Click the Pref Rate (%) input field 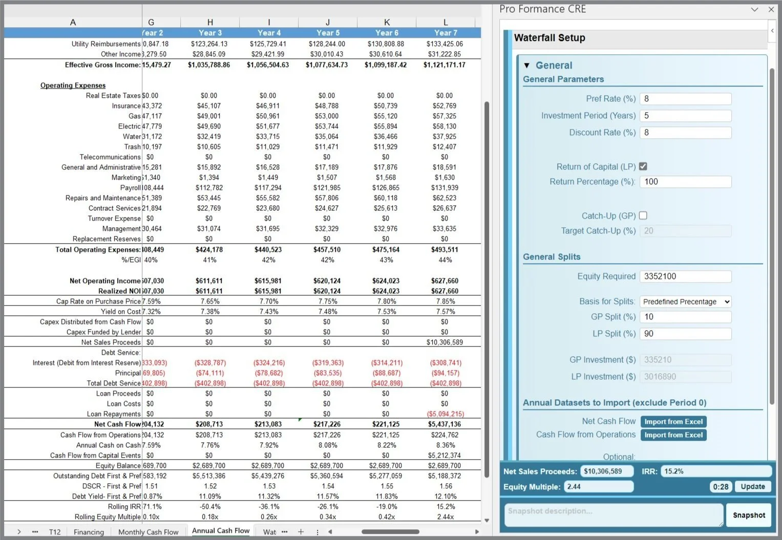tap(685, 99)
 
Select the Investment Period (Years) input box tap(685, 116)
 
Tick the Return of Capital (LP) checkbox tap(643, 166)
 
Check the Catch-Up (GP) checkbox tap(643, 215)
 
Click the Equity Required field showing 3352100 tap(685, 276)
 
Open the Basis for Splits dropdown tap(685, 301)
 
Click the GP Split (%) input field tap(685, 317)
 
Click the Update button tap(752, 486)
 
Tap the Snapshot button tap(748, 515)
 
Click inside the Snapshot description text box tap(614, 515)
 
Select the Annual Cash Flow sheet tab tap(221, 531)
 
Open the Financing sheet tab tap(89, 532)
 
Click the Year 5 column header tap(328, 33)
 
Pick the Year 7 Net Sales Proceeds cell tap(445, 342)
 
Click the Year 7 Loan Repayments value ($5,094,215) tap(445, 414)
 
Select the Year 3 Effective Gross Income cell tap(209, 65)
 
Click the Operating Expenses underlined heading tap(73, 85)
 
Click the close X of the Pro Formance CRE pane tap(771, 9)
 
